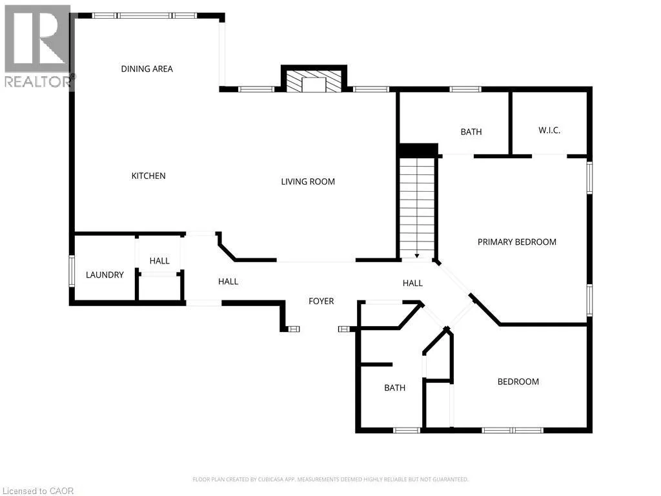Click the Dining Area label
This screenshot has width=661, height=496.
pyautogui.click(x=147, y=68)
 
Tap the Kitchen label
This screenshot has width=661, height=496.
pyautogui.click(x=148, y=176)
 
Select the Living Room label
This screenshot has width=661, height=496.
pyautogui.click(x=308, y=181)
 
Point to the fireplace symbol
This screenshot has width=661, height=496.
pyautogui.click(x=314, y=78)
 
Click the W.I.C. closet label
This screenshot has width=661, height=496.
pyautogui.click(x=549, y=130)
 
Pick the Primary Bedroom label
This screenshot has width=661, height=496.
pyautogui.click(x=517, y=242)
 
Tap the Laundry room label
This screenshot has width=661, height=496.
pyautogui.click(x=105, y=275)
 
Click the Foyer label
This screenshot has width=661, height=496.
pyautogui.click(x=321, y=301)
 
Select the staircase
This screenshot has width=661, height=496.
pyautogui.click(x=417, y=209)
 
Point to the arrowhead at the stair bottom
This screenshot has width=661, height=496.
pyautogui.click(x=417, y=256)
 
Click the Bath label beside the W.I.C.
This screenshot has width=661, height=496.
pyautogui.click(x=471, y=132)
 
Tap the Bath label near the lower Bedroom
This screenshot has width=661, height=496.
pyautogui.click(x=394, y=387)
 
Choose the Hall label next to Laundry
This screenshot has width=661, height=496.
pyautogui.click(x=159, y=261)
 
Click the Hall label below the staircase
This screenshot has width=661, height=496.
pyautogui.click(x=412, y=283)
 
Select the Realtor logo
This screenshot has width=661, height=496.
pyautogui.click(x=39, y=46)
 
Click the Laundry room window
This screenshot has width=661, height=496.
pyautogui.click(x=72, y=271)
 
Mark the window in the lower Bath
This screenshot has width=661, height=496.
pyautogui.click(x=407, y=430)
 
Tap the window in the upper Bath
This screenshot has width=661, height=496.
pyautogui.click(x=465, y=89)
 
